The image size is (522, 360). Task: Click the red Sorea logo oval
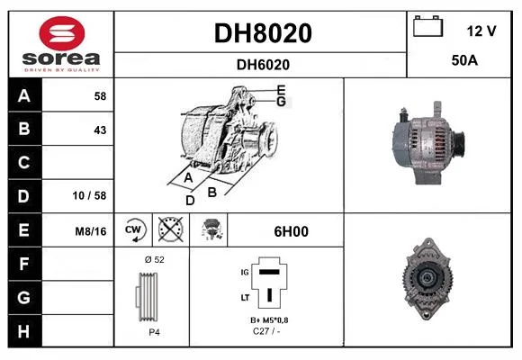pyautogui.click(x=62, y=33)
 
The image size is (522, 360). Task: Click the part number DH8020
pyautogui.click(x=263, y=33)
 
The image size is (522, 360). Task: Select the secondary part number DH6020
pyautogui.click(x=263, y=65)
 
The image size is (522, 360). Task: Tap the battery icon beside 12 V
pyautogui.click(x=428, y=26)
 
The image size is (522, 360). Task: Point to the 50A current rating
pyautogui.click(x=464, y=60)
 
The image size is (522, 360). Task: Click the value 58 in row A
pyautogui.click(x=100, y=96)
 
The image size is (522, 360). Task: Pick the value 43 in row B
pyautogui.click(x=100, y=130)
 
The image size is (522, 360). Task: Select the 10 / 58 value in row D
pyautogui.click(x=89, y=195)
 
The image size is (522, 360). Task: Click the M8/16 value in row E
pyautogui.click(x=91, y=231)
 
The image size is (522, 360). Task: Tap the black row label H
pyautogui.click(x=23, y=331)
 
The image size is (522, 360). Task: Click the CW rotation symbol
pyautogui.click(x=133, y=229)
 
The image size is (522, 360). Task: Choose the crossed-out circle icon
pyautogui.click(x=171, y=229)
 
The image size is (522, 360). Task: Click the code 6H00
pyautogui.click(x=292, y=231)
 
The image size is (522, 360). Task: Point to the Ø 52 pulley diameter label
pyautogui.click(x=155, y=260)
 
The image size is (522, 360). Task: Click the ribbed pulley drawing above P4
pyautogui.click(x=147, y=297)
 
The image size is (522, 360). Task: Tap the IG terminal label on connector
pyautogui.click(x=245, y=273)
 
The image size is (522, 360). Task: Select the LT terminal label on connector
pyautogui.click(x=245, y=297)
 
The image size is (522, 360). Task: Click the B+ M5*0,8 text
pyautogui.click(x=269, y=320)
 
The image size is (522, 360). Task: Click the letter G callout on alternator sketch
pyautogui.click(x=282, y=102)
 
